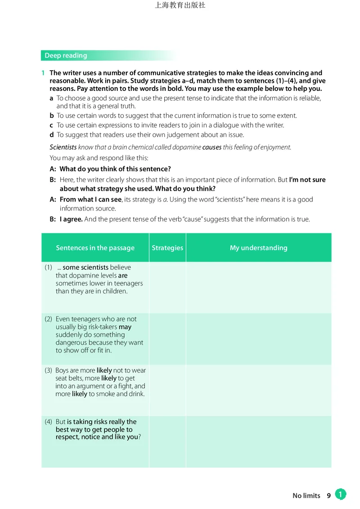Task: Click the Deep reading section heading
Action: point(66,56)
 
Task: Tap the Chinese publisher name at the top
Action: point(180,6)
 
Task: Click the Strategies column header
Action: point(167,248)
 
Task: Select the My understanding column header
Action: point(258,248)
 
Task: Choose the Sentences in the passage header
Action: point(95,248)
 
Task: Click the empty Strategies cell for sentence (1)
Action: point(167,287)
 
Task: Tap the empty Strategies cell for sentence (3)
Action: point(167,390)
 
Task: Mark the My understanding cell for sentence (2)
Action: point(258,339)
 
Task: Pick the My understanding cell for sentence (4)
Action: point(258,441)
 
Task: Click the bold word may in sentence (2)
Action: point(125,327)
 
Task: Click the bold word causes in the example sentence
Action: point(212,147)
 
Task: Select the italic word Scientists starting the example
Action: point(63,147)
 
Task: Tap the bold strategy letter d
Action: point(52,135)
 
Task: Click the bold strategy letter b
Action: point(52,116)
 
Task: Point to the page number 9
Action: point(329,496)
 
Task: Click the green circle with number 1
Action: point(341,495)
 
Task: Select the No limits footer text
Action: point(306,496)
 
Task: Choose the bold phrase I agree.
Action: point(71,219)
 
